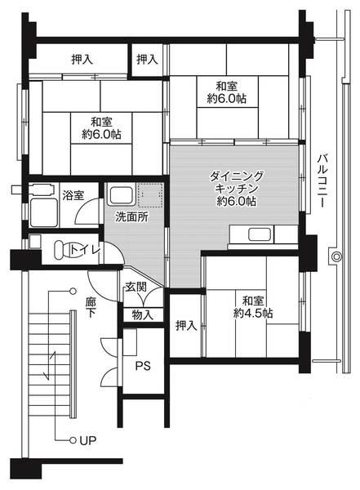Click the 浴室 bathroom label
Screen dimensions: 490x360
click(x=73, y=195)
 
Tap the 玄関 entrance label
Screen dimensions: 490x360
click(x=136, y=287)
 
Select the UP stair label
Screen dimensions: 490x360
click(x=87, y=441)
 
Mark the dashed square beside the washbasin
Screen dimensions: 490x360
click(x=148, y=196)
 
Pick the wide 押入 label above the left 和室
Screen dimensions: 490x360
click(x=82, y=59)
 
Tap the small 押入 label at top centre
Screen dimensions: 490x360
click(x=148, y=59)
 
